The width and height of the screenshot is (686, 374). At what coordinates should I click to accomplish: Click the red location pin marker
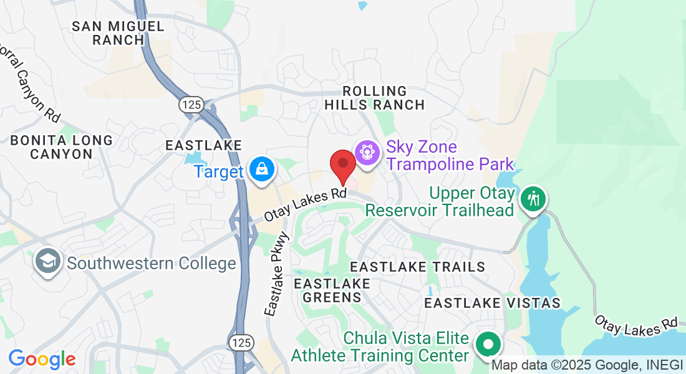[x=342, y=163]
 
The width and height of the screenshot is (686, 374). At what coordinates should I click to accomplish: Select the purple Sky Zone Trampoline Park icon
[x=367, y=152]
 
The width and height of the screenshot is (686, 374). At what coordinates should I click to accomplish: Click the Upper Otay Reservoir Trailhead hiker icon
[x=533, y=199]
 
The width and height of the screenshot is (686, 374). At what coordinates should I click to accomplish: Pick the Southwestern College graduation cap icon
[x=47, y=262]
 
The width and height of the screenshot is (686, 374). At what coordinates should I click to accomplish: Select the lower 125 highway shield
[x=241, y=342]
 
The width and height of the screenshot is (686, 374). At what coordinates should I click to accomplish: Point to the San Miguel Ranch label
[x=118, y=33]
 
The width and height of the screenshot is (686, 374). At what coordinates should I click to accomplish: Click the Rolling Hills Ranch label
[x=374, y=98]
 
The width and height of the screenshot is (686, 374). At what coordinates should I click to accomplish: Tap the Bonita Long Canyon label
[x=62, y=147]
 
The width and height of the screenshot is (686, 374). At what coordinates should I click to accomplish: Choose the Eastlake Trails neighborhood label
[x=417, y=267]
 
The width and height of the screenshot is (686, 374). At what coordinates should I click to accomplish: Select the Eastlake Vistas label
[x=492, y=303]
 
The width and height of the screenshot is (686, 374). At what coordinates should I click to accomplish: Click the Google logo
[x=42, y=359]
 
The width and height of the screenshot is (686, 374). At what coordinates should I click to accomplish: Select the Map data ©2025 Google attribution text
[x=586, y=365]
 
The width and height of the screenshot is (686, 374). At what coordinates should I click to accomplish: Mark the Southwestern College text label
[x=152, y=263]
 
